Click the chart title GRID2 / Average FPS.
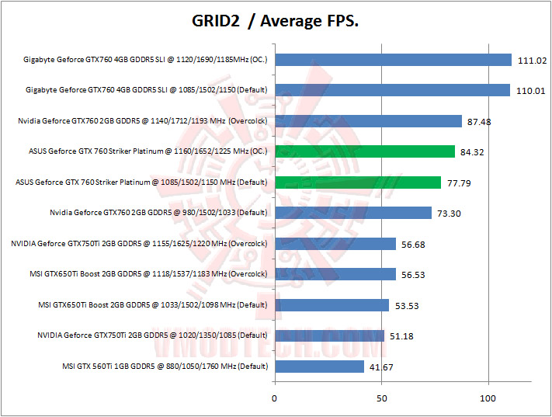click(x=275, y=21)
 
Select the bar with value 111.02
click(x=393, y=60)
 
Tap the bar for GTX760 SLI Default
click(x=391, y=90)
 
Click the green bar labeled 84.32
click(x=364, y=151)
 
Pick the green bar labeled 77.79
click(x=357, y=182)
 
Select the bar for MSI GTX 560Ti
click(x=319, y=367)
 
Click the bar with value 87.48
click(x=368, y=121)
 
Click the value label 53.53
click(x=407, y=306)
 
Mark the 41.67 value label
click(x=382, y=367)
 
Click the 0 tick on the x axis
click(x=274, y=399)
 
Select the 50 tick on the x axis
click(x=381, y=399)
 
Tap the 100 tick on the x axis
click(x=488, y=399)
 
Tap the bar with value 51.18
click(x=329, y=335)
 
